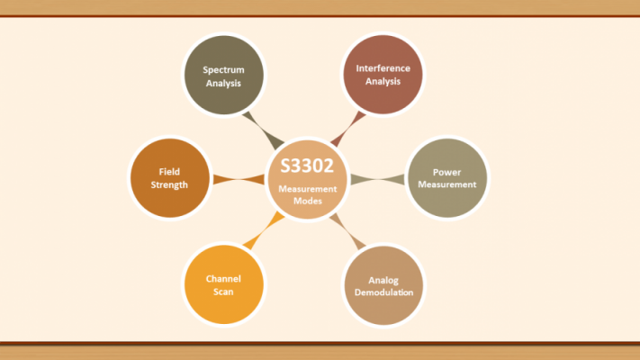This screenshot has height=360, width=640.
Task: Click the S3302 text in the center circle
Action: point(307,166)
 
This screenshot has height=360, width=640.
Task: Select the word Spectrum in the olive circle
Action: point(223,70)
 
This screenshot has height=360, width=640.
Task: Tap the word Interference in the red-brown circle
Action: point(383,68)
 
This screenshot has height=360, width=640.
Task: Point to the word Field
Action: point(169,171)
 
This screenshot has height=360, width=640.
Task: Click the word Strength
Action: point(169,184)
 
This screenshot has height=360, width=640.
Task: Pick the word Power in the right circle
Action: point(447,172)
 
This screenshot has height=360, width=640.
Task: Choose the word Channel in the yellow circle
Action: point(223,279)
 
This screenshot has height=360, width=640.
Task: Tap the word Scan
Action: point(223,292)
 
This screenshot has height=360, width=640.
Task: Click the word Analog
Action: point(383,281)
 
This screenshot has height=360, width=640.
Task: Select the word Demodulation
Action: point(383,292)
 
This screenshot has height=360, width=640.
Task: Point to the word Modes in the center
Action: point(308,201)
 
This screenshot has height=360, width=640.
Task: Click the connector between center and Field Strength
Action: point(239,179)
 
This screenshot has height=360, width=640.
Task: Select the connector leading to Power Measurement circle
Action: point(377,179)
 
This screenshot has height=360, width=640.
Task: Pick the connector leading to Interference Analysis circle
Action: point(348,129)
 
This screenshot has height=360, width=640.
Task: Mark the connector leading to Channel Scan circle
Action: point(264,230)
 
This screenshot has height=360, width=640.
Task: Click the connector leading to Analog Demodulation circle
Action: point(347,231)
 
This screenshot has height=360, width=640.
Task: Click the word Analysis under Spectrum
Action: point(223,84)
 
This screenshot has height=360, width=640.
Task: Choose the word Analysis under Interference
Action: point(383,81)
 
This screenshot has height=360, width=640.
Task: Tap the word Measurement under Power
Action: point(447,184)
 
